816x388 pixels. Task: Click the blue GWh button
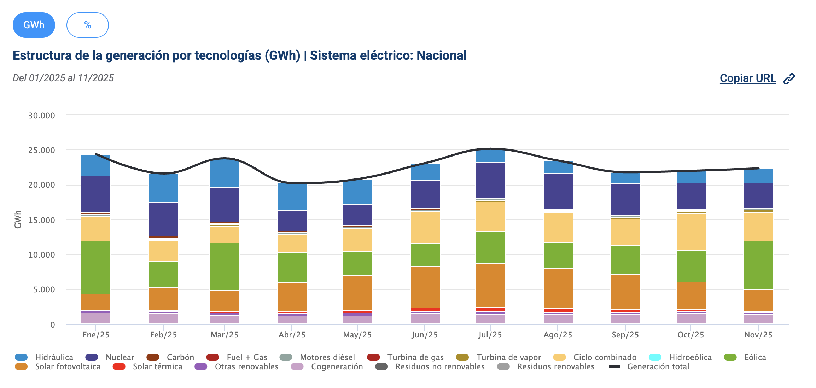34,25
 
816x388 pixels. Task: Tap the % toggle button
87,25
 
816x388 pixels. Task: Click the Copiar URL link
748,78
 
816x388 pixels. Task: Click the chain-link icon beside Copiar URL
789,79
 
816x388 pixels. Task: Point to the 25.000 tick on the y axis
41,150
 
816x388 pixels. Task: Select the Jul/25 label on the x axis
490,335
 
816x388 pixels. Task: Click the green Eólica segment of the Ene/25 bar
96,267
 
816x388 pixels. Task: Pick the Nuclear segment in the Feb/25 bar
164,219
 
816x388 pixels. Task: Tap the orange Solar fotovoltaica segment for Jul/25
490,285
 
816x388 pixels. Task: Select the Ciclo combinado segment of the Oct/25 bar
691,231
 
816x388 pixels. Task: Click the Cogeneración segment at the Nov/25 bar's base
758,319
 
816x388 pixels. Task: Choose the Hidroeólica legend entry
690,357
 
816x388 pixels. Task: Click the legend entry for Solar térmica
157,366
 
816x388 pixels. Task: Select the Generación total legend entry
658,366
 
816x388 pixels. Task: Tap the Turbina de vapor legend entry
508,357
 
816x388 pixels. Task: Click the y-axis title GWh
18,219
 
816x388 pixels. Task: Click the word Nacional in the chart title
441,55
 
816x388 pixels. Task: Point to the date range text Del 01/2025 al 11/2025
63,78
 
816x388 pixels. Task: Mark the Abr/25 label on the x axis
292,335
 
